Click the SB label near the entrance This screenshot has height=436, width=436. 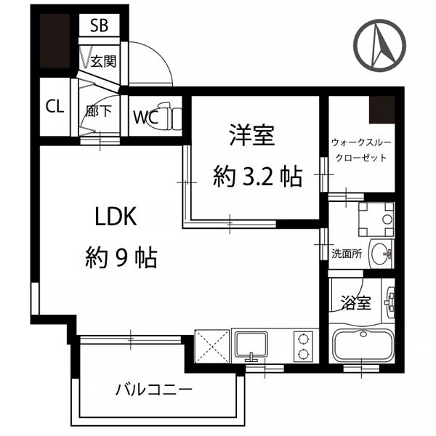[100, 25]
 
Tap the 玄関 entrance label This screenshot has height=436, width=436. [103, 60]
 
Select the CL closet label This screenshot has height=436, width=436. [54, 107]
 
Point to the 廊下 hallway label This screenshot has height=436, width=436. [99, 110]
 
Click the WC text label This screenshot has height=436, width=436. [146, 117]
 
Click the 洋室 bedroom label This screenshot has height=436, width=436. [252, 135]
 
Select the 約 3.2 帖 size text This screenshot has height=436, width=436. [257, 177]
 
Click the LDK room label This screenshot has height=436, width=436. [116, 217]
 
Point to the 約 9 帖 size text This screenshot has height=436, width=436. [121, 257]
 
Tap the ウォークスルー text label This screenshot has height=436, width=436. [361, 142]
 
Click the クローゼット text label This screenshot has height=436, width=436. [361, 158]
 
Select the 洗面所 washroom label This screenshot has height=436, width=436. [347, 254]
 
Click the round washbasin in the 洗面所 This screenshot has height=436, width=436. [381, 254]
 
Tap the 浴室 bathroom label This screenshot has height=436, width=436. [356, 302]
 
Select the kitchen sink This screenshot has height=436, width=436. [251, 344]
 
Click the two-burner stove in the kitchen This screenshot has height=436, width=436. [303, 347]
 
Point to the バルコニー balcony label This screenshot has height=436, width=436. [154, 389]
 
